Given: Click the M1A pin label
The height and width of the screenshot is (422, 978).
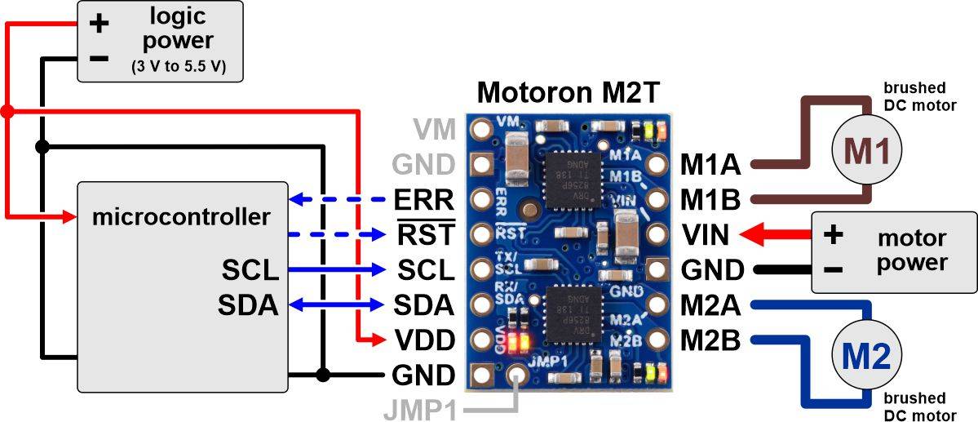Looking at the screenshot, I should (x=710, y=166).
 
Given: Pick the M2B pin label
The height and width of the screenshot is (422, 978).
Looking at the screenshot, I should (x=710, y=340).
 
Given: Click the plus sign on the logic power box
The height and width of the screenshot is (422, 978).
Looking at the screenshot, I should (x=99, y=23).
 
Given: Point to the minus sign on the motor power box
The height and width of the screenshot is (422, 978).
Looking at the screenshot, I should (x=832, y=269).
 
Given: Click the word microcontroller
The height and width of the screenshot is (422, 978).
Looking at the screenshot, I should (x=180, y=218).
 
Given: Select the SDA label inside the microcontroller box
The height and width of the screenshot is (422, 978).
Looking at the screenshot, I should (x=248, y=304).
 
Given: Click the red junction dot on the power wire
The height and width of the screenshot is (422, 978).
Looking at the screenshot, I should (x=7, y=110).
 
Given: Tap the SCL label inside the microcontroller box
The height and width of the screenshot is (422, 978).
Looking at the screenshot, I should (x=250, y=269).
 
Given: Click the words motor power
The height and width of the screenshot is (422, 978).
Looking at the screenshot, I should (x=912, y=251).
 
